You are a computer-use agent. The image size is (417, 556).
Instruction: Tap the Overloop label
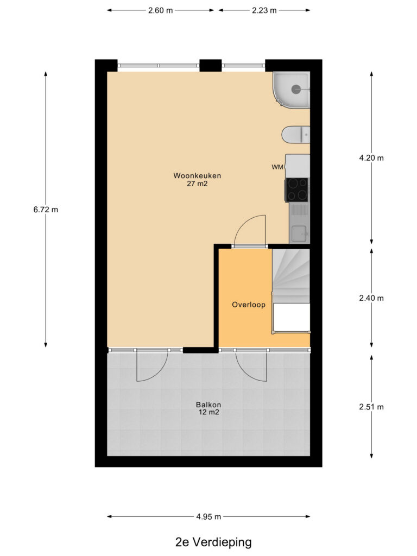point(249,305)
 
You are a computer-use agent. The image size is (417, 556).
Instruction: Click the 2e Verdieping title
point(213,542)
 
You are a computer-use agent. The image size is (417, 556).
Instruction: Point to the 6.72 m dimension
point(46,210)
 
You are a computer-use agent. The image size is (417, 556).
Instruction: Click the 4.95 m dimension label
point(208,517)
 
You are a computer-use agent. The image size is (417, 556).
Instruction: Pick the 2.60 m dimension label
point(160,10)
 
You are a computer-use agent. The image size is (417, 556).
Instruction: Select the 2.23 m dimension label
point(264,10)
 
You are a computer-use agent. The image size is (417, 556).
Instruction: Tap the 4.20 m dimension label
point(371,158)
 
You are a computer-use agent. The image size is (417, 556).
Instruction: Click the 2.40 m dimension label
point(371,298)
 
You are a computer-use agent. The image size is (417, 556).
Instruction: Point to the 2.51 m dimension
point(371,407)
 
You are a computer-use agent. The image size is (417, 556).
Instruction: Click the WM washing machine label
point(277,167)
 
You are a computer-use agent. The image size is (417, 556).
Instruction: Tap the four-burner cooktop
point(297,189)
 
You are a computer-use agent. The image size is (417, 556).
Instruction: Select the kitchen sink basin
point(300,233)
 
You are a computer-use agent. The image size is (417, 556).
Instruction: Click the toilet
point(296,135)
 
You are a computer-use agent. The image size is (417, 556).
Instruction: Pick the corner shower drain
point(296,90)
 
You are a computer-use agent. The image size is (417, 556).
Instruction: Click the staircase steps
point(291,276)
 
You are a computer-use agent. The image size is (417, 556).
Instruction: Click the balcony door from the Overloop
point(251,365)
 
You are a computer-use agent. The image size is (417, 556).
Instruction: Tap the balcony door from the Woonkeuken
point(153,365)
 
